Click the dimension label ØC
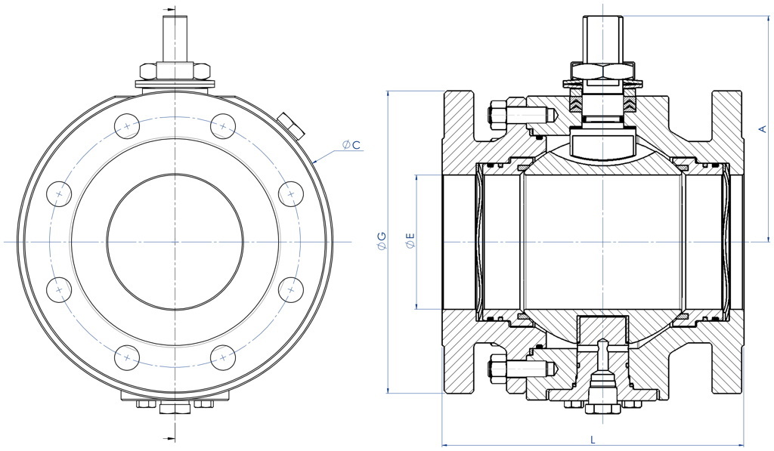tap(350, 144)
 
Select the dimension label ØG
tap(381, 242)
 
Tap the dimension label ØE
tap(410, 242)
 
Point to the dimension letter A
tap(762, 129)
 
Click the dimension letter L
tap(592, 438)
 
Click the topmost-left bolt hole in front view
tap(128, 125)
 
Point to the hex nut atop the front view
tap(175, 71)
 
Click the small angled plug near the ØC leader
tap(291, 124)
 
